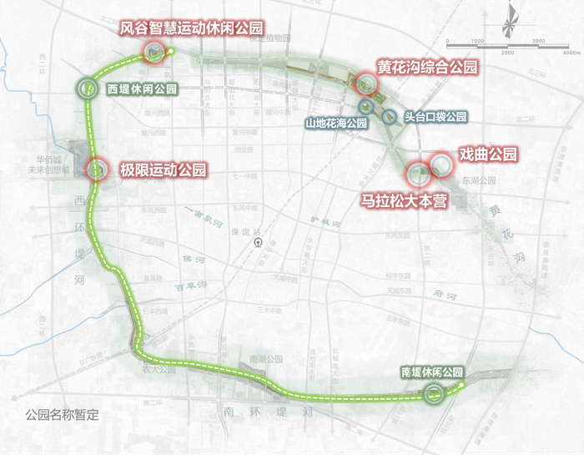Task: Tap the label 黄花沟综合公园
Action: [426, 67]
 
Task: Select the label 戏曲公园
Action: [489, 154]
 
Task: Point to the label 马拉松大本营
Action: [405, 200]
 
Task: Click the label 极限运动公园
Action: [163, 170]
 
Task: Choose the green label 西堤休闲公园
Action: [141, 88]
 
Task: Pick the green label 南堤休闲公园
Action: [430, 372]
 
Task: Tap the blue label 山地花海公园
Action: [335, 124]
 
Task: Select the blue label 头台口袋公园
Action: [434, 118]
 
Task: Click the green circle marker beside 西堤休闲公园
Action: [88, 88]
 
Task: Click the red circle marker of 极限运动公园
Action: [95, 169]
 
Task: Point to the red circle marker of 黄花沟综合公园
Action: [365, 83]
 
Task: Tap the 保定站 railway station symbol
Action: [258, 243]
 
